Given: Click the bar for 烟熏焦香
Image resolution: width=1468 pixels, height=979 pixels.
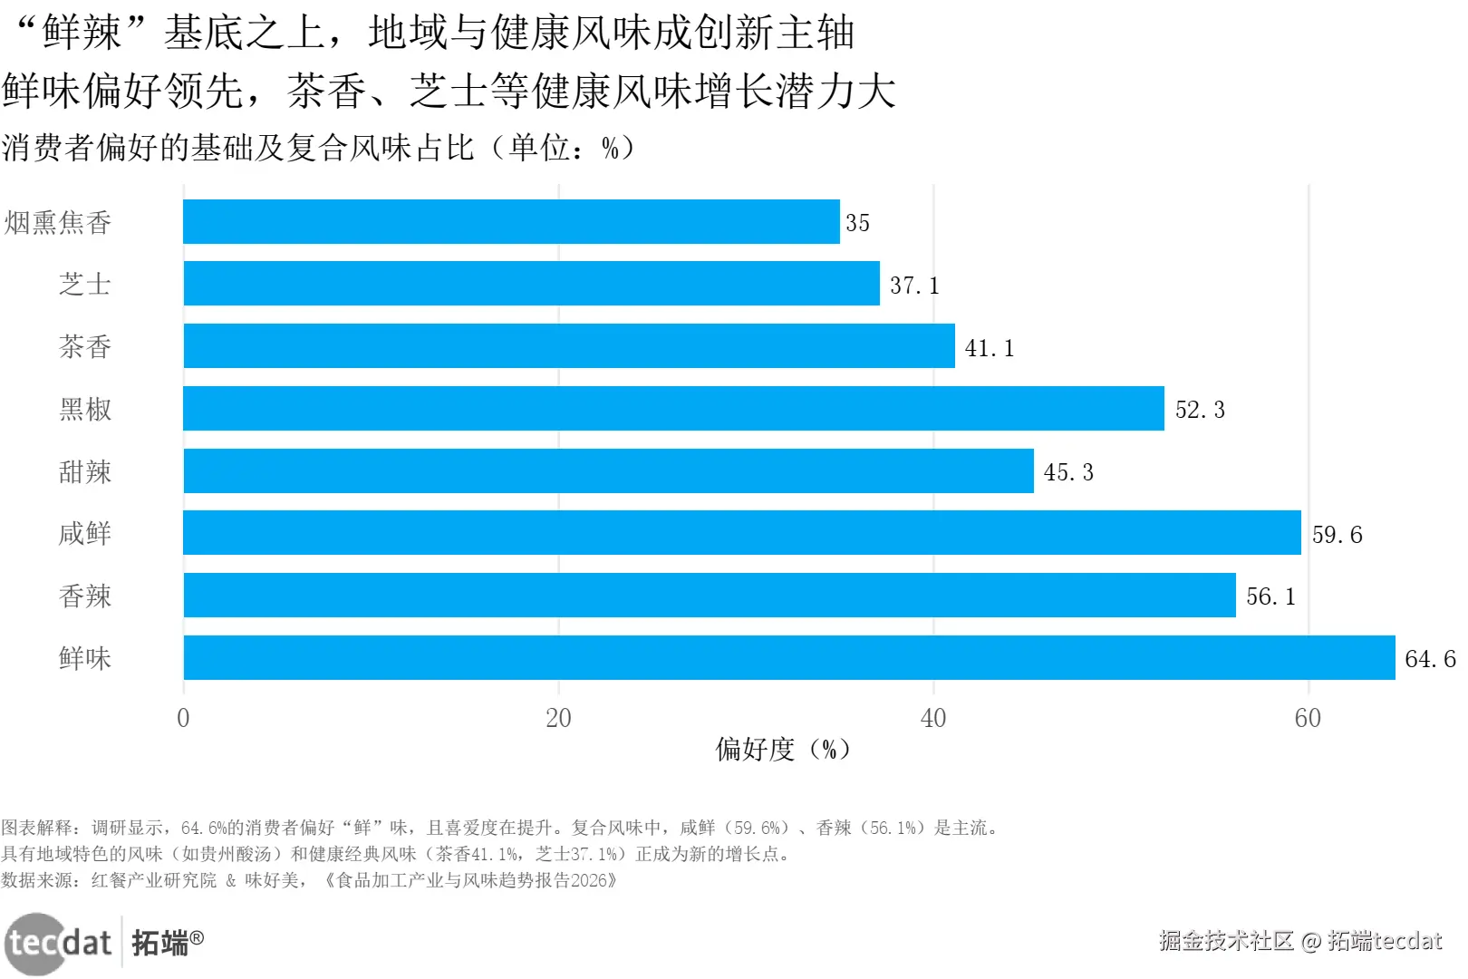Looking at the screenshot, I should pos(511,222).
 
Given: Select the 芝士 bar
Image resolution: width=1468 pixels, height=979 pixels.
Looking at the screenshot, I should pos(531,284).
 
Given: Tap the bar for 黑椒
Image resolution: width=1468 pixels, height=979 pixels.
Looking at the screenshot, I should pos(673,409).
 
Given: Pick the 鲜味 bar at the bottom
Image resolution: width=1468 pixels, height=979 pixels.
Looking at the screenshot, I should pos(788,658).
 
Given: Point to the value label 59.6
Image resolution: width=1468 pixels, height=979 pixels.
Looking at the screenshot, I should pos(1337,535).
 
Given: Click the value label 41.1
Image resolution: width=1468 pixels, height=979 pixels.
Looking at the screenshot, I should pos(989,348).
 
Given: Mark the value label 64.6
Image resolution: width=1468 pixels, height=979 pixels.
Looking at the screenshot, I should pos(1430,659).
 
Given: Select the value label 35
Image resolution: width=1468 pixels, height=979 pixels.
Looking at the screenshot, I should pos(857,223).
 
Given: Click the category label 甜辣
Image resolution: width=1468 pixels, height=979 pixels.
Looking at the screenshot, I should pos(85,471).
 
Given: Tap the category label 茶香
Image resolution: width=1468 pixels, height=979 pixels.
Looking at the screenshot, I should pos(85,346).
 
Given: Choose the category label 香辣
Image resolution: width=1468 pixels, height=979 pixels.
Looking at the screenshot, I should pos(85,596).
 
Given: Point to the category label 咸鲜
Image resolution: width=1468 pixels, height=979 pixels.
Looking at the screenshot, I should pos(85,533).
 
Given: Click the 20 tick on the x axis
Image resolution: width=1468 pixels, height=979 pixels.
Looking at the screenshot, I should pos(558,718).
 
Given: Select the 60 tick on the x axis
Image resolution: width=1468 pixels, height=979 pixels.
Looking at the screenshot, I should pos(1308,718).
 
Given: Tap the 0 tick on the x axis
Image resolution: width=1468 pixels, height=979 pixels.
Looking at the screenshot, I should pos(183,718).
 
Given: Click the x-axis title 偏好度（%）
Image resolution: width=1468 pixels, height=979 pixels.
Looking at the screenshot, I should pos(783,750).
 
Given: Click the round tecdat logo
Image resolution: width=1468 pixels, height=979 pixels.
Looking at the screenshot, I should pos(36,944).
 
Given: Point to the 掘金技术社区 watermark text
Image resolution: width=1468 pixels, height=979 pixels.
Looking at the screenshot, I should pos(1226,941).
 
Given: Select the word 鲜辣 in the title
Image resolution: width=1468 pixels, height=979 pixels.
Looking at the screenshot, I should pos(82,33).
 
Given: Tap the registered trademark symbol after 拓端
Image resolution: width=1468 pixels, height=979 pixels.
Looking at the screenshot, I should pos(197,937).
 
